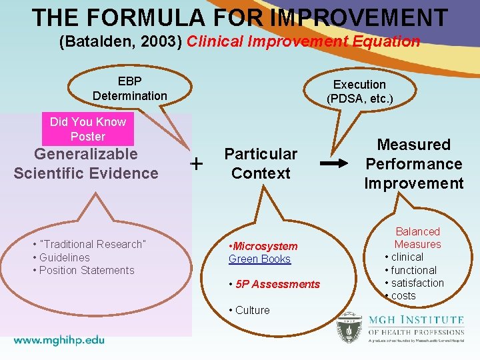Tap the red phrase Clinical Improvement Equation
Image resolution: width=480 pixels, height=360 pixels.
(303, 42)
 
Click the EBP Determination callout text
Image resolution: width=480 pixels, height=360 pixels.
(130, 89)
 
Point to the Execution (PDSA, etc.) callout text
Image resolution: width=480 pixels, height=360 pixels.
(359, 92)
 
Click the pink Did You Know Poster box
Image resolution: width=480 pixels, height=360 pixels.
(87, 129)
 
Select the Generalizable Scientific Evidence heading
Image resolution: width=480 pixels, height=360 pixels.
(86, 164)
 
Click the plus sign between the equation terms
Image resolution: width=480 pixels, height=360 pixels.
(197, 163)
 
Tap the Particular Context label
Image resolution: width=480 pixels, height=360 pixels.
(261, 164)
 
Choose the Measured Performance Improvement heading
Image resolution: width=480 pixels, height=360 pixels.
(413, 164)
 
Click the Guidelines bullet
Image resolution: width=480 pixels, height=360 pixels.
(64, 257)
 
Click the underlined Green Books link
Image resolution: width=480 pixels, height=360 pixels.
(260, 259)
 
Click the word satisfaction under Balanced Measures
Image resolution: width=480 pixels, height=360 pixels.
(417, 283)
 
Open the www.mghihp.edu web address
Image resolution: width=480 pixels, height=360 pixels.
(59, 339)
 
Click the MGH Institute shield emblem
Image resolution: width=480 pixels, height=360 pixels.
(349, 327)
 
